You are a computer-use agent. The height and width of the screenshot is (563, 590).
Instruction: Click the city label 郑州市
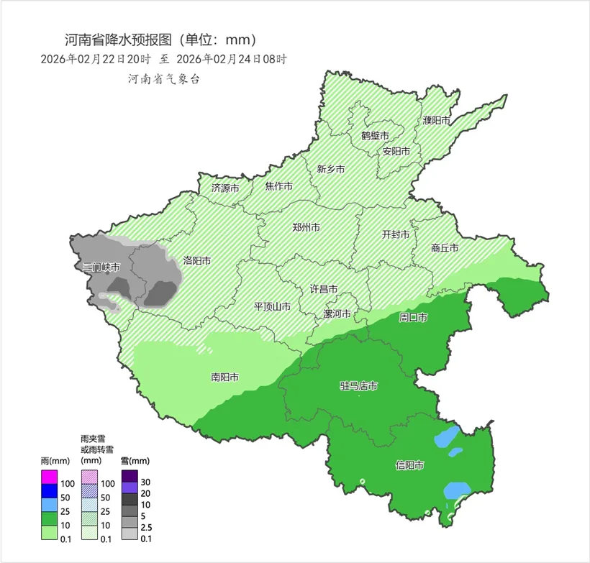click(x=307, y=227)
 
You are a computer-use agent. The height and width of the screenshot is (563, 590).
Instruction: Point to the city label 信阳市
click(x=409, y=465)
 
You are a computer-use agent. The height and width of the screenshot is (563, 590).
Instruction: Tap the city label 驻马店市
click(x=358, y=387)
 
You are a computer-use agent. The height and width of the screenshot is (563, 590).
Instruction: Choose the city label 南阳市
click(x=225, y=377)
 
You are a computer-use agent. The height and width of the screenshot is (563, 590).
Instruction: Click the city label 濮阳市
click(x=436, y=119)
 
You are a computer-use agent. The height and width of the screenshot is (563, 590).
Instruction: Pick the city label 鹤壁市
click(x=375, y=135)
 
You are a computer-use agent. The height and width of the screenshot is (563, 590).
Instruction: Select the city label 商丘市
click(x=445, y=248)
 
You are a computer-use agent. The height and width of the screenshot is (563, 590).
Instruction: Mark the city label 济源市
click(x=225, y=188)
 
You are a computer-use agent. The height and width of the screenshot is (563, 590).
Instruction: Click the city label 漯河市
click(x=337, y=314)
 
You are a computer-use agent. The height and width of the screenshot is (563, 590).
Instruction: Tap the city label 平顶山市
click(x=273, y=307)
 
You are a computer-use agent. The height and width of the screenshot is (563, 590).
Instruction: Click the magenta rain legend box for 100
click(x=49, y=477)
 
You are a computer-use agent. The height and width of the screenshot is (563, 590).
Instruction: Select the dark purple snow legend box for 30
click(x=130, y=476)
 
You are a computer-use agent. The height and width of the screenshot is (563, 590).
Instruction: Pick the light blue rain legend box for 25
click(x=49, y=505)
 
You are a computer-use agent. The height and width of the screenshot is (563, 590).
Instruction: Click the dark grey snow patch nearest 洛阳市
click(x=163, y=293)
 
